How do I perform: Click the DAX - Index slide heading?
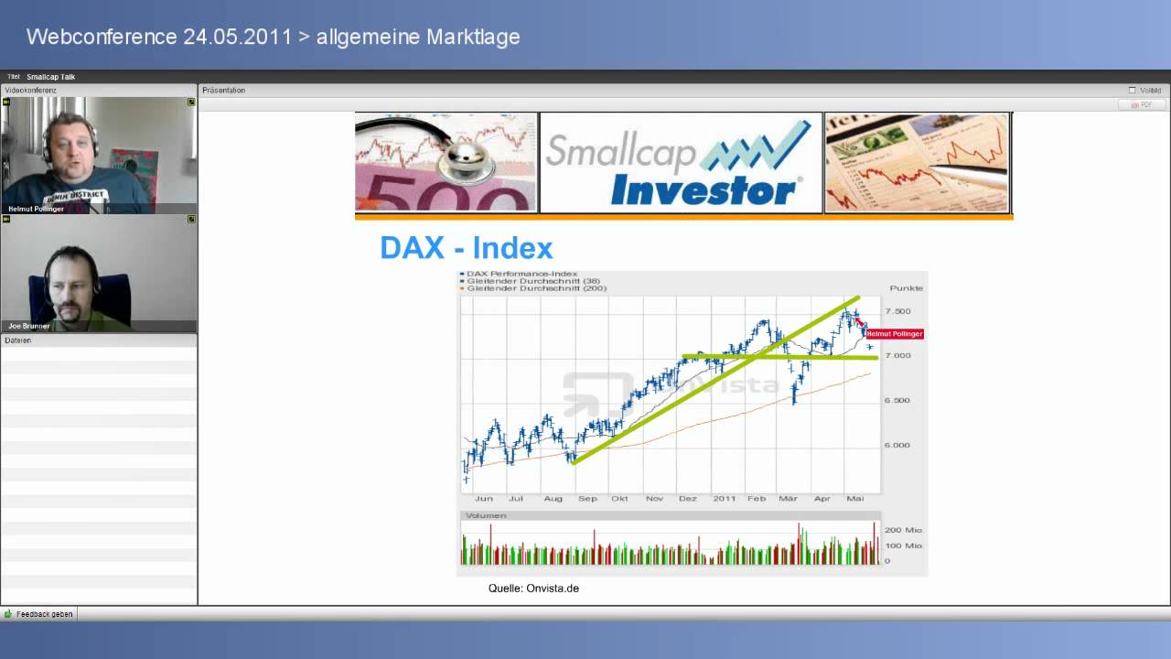click(x=466, y=248)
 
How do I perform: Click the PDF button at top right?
click(x=1142, y=105)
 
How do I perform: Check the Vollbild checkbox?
click(x=1133, y=91)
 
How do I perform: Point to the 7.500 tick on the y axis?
click(x=897, y=311)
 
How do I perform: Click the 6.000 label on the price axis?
click(x=897, y=446)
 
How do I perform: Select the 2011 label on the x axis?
click(x=724, y=499)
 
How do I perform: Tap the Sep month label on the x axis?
click(x=587, y=499)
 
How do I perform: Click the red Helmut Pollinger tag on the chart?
click(x=895, y=334)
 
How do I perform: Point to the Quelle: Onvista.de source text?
click(x=533, y=589)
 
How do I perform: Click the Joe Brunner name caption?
click(x=29, y=326)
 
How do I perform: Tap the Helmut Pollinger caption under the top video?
click(x=37, y=209)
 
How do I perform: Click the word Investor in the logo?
click(x=703, y=191)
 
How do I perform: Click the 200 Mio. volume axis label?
click(x=904, y=530)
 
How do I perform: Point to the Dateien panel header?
click(x=18, y=340)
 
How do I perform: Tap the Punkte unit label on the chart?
click(x=906, y=288)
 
